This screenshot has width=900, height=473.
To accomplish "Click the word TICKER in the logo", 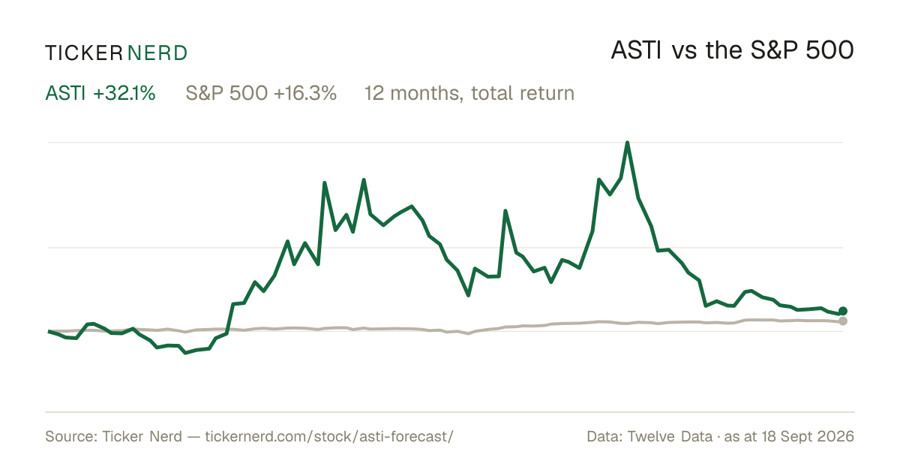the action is [83, 53].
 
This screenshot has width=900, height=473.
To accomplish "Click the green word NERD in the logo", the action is [157, 53].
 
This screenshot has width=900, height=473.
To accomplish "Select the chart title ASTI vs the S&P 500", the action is [732, 50].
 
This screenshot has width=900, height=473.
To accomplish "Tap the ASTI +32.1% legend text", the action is [100, 93].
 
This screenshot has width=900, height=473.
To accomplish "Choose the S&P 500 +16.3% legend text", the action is [261, 93].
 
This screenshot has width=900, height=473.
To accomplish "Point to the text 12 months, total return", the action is [469, 94].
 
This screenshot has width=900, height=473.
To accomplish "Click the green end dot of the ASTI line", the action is [843, 311].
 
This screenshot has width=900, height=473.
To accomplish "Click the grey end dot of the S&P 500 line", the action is [843, 321].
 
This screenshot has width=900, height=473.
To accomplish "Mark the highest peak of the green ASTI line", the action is [628, 143].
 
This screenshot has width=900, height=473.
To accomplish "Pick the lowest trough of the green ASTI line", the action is [186, 353].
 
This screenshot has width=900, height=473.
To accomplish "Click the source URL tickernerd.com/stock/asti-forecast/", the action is [329, 436].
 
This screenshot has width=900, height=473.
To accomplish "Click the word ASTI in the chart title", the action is [636, 50].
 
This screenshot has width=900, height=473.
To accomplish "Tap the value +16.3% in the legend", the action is [305, 93].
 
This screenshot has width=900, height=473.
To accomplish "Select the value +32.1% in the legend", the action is [124, 93].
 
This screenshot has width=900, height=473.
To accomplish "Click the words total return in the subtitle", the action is [523, 93].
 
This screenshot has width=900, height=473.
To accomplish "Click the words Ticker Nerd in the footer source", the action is [142, 436].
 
